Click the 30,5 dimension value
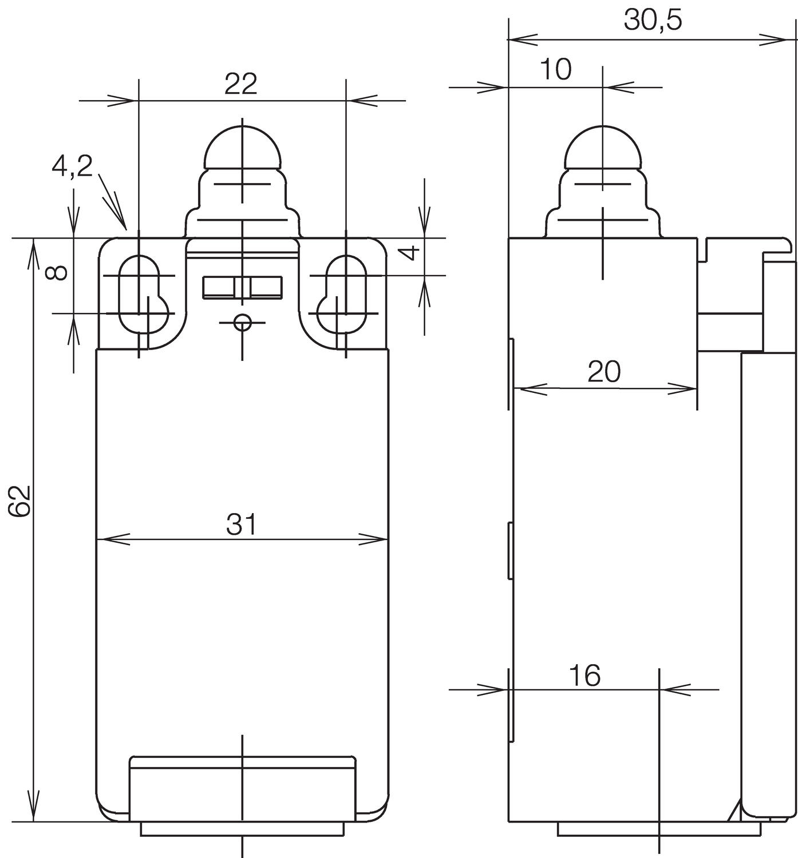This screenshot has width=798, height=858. click(x=653, y=21)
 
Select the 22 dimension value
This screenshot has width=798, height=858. click(x=241, y=84)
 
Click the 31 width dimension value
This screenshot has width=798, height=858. click(x=242, y=524)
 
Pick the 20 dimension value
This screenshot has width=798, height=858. click(x=604, y=372)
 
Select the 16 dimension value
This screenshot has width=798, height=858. click(x=584, y=676)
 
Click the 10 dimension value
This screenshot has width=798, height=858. click(x=555, y=70)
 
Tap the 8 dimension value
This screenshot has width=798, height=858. click(x=57, y=273)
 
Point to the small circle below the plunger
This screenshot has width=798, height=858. click(x=243, y=323)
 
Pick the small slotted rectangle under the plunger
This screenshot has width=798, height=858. click(x=242, y=287)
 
